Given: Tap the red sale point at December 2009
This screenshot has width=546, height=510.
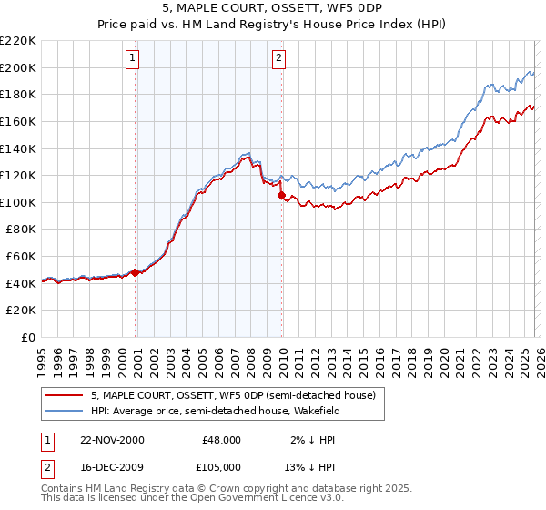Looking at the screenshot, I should pyautogui.click(x=281, y=195).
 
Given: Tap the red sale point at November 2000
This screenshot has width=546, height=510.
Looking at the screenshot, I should pyautogui.click(x=136, y=272).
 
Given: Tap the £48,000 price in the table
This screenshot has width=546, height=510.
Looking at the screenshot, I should pyautogui.click(x=221, y=439).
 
